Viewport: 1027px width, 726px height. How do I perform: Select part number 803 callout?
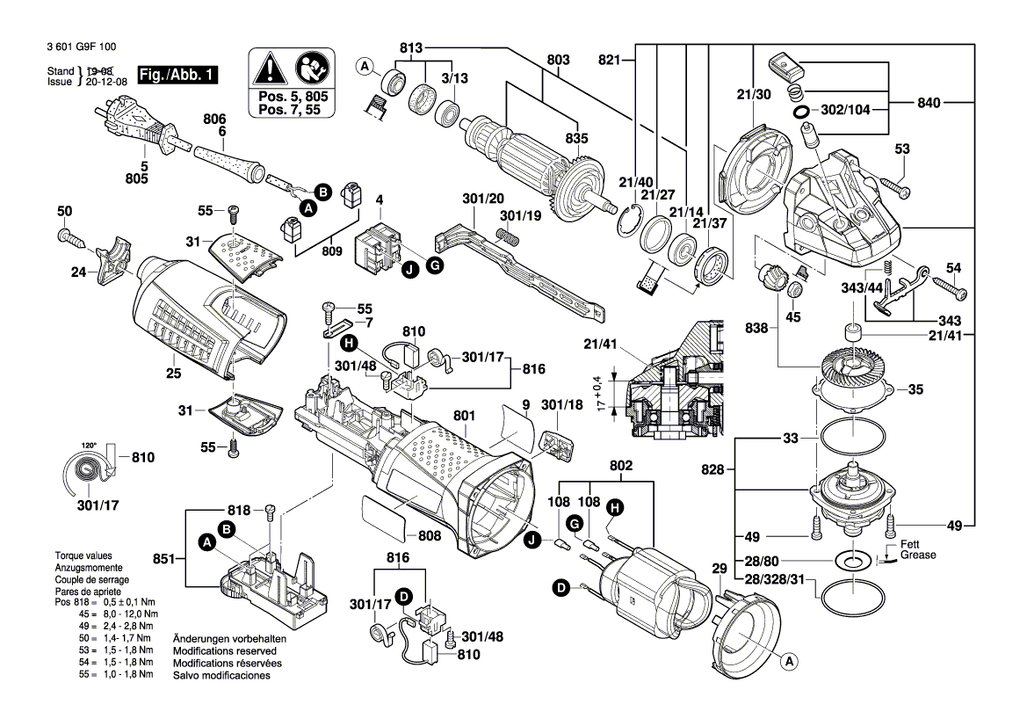tap(558, 60)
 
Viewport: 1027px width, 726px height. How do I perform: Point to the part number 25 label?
tap(173, 374)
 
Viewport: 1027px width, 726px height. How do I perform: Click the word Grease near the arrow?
tap(918, 555)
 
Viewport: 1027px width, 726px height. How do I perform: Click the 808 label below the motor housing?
tap(430, 535)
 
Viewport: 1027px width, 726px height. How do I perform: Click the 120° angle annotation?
tap(89, 445)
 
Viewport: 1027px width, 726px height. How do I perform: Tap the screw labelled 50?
tap(69, 235)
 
